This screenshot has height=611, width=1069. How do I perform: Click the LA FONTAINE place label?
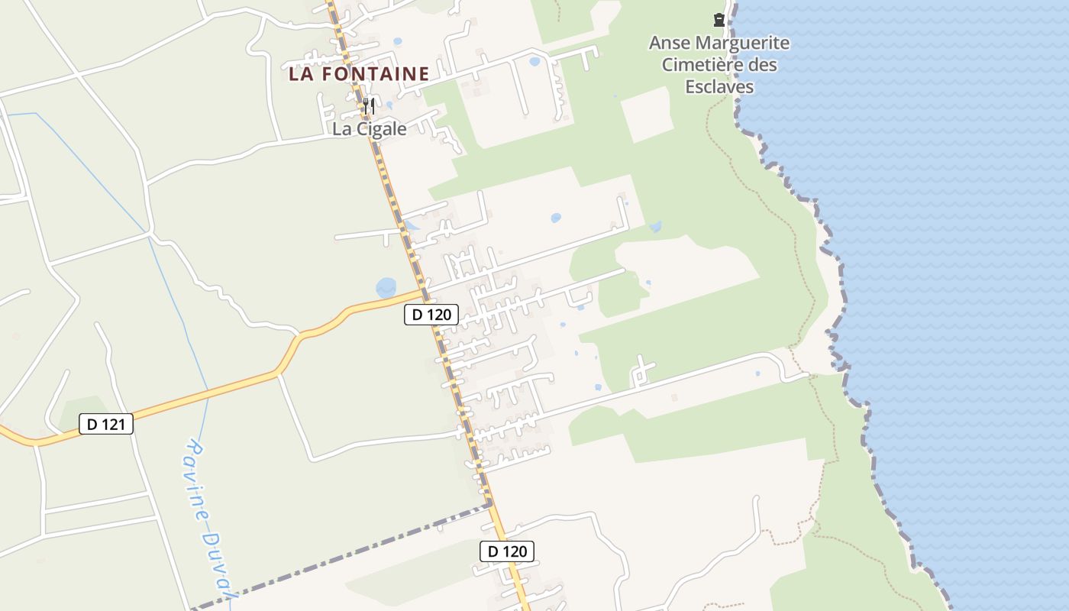tap(359, 74)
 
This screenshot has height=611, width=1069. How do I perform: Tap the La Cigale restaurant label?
tap(369, 129)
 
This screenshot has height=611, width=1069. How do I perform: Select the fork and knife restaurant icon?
tap(369, 105)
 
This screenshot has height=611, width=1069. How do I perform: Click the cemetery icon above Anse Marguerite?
tap(719, 20)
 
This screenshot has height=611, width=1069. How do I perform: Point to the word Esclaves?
tap(719, 86)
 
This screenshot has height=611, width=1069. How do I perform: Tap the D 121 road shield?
tap(106, 424)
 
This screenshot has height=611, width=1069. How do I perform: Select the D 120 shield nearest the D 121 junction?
tap(431, 314)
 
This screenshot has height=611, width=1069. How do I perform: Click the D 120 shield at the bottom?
tap(507, 551)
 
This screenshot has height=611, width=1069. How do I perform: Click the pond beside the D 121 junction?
tap(386, 288)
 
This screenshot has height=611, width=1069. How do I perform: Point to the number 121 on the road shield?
tap(114, 424)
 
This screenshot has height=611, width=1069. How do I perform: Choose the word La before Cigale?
tap(341, 129)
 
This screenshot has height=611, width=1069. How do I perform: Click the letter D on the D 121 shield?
tap(92, 424)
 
